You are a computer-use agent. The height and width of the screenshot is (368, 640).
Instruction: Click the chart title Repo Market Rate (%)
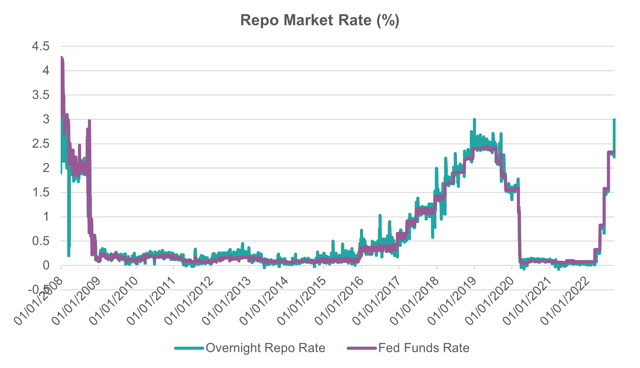(x=320, y=21)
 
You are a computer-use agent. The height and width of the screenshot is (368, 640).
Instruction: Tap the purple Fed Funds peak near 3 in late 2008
(x=89, y=121)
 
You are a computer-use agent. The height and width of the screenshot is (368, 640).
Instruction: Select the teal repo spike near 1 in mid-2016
(x=380, y=215)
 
